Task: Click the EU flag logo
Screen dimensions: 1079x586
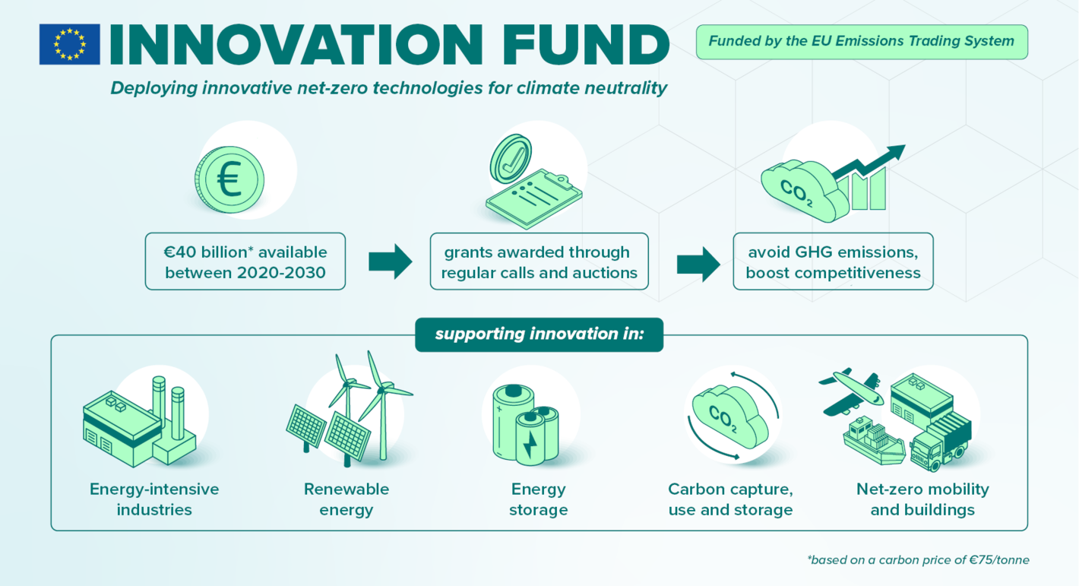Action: click(x=70, y=44)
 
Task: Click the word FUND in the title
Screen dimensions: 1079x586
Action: click(x=585, y=45)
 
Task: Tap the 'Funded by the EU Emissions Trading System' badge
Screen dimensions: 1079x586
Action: click(x=862, y=42)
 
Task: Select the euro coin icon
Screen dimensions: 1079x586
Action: click(x=229, y=179)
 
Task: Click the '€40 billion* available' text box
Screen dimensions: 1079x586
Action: click(x=245, y=261)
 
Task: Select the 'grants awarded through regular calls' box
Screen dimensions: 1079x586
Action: click(x=539, y=261)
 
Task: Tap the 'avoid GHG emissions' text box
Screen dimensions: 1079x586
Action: click(x=833, y=261)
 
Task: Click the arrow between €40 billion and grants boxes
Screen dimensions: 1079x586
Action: click(x=390, y=261)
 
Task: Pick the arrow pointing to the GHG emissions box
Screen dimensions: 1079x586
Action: click(x=698, y=264)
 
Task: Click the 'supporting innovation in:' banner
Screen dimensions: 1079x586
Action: click(x=539, y=334)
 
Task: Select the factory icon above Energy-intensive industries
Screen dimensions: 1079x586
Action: click(x=140, y=422)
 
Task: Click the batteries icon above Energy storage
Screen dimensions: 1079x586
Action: click(x=526, y=425)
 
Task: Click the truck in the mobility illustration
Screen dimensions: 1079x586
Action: click(x=939, y=441)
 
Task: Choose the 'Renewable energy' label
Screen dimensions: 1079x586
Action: click(x=346, y=499)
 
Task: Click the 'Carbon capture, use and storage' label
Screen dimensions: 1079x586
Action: click(x=730, y=499)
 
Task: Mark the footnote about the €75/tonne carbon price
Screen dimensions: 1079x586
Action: click(x=918, y=560)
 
